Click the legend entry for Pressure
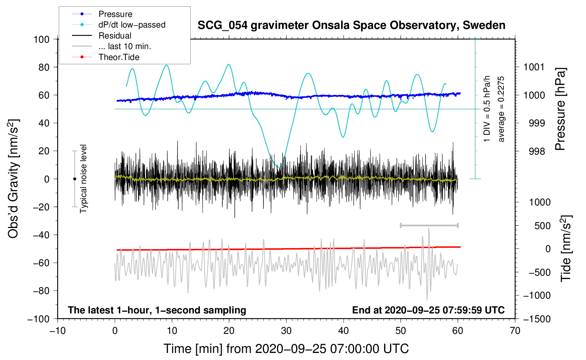115,14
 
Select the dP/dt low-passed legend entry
132,25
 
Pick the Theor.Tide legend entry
119,57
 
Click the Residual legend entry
115,36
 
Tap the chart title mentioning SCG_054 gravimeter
351,25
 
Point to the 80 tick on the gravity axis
44,67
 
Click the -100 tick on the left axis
39,319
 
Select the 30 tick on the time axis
286,331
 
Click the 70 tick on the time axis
515,331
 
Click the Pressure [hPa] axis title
560,109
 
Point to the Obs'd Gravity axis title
13,179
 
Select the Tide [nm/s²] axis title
566,248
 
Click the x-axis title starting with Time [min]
286,349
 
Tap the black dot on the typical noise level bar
74,179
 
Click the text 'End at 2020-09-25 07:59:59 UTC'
428,310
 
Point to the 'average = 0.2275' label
501,109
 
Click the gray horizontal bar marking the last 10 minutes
429,225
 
